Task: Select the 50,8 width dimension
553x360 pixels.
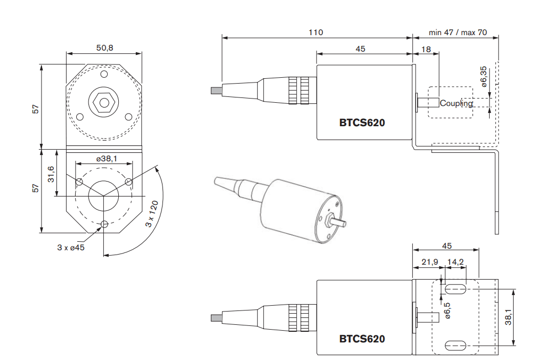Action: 104,48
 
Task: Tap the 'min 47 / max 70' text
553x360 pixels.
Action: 458,32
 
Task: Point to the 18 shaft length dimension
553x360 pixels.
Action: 426,49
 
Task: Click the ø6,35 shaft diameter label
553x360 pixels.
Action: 483,77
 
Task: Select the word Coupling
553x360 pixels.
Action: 456,103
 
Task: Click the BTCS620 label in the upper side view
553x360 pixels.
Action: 362,122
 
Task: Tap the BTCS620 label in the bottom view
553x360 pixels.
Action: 362,339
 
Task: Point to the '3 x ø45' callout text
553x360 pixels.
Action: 71,247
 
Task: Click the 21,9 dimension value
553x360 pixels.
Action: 429,262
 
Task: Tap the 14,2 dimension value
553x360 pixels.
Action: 456,262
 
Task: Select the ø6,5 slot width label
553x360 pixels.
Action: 448,310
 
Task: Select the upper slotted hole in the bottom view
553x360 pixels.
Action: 456,289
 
